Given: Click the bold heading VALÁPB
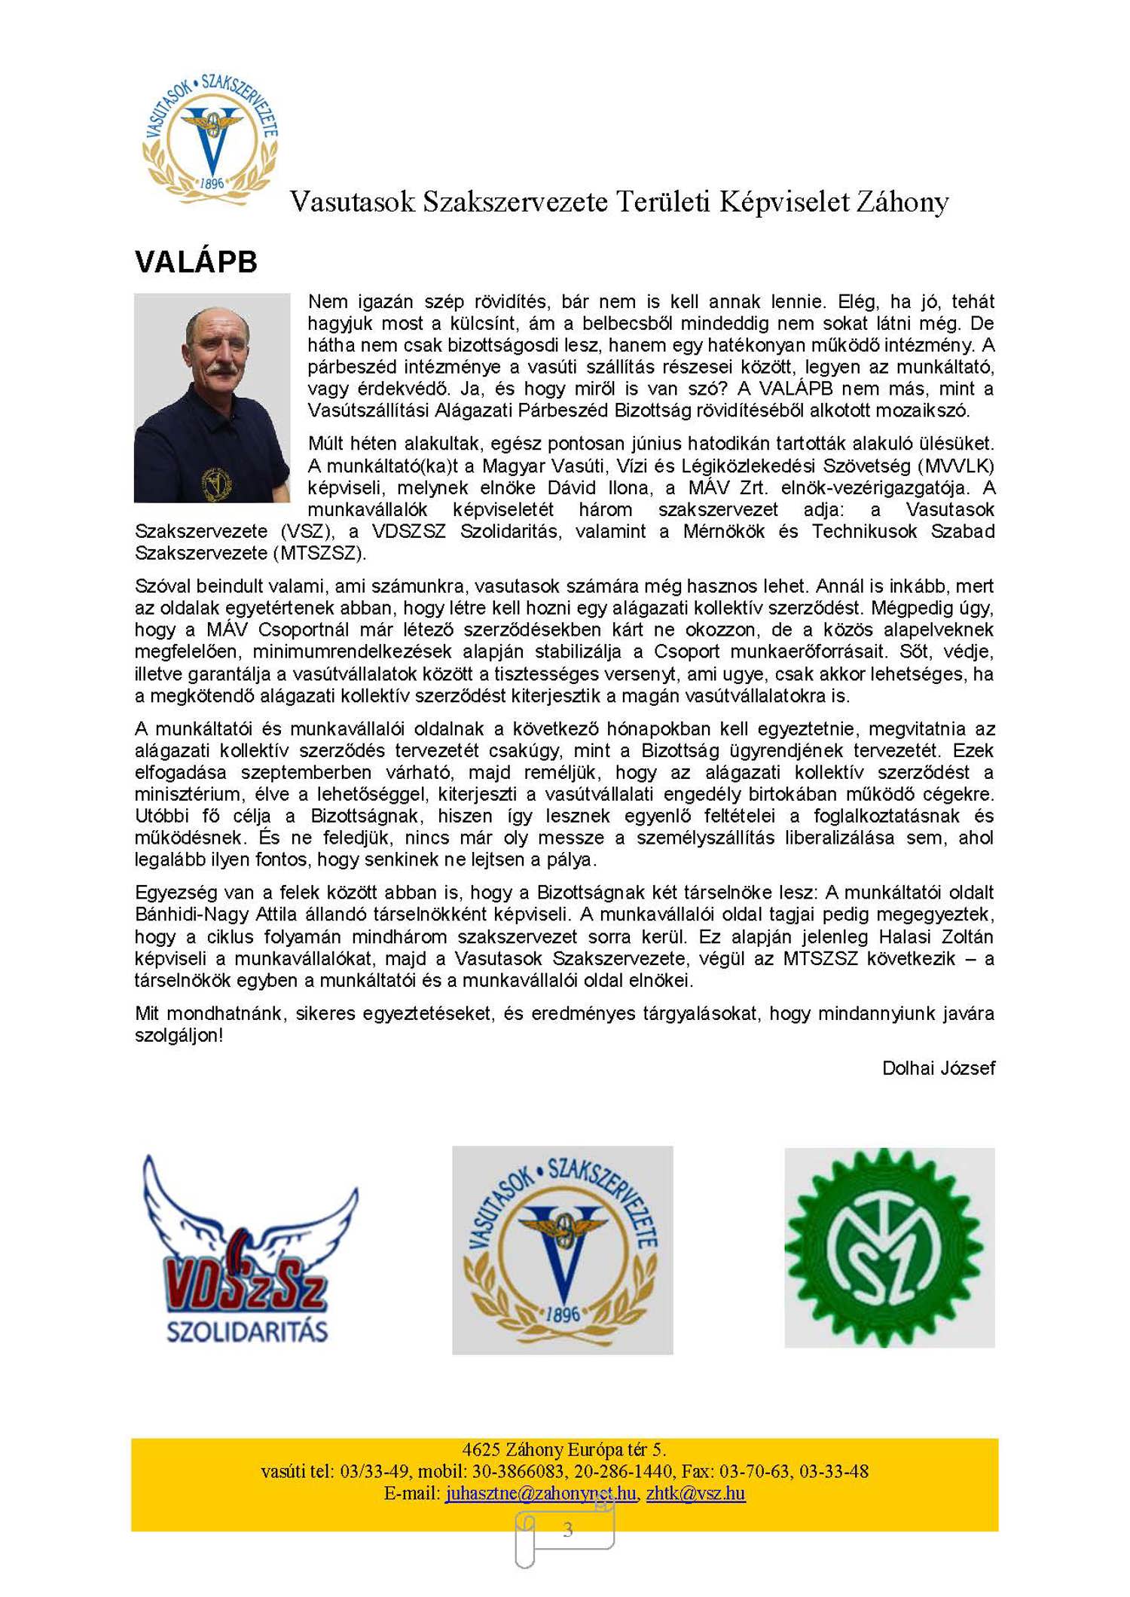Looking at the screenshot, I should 196,262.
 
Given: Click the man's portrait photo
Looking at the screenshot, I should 212,398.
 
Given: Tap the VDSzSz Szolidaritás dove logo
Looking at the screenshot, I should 248,1251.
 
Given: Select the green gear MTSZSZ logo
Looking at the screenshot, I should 889,1248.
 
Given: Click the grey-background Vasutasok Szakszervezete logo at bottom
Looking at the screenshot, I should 562,1250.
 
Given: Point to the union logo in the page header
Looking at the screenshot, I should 211,139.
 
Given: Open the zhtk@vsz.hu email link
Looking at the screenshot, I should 695,1493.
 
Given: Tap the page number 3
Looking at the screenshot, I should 567,1529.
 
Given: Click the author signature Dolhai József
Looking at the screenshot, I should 938,1068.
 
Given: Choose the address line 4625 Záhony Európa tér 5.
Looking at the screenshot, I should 563,1449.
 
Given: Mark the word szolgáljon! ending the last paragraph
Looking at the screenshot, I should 179,1035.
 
